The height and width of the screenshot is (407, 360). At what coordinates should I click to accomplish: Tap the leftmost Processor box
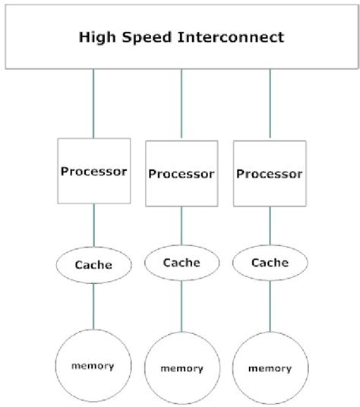coord(93,170)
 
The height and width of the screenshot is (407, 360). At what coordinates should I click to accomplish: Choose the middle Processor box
coord(181,173)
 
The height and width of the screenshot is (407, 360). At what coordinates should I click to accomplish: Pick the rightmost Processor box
coord(269,173)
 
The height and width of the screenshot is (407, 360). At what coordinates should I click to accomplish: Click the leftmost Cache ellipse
coord(93,265)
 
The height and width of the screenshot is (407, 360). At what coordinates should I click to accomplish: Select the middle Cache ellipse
coord(181,263)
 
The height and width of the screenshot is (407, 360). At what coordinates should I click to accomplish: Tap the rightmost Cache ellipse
coord(270,263)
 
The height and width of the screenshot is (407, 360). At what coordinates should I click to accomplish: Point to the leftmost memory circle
coord(93,366)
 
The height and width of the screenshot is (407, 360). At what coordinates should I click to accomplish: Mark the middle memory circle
coord(181,368)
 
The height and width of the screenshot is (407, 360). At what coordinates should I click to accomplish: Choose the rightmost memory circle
coord(270,368)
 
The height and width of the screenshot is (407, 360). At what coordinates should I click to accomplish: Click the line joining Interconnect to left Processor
coord(93,103)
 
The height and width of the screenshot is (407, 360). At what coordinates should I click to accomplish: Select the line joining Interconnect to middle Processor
coord(181,105)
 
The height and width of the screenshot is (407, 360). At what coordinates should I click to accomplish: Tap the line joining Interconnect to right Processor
coord(269,105)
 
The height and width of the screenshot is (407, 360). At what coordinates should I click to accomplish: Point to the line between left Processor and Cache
coord(93,226)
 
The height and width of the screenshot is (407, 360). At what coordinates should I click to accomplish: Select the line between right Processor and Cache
coord(270,226)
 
